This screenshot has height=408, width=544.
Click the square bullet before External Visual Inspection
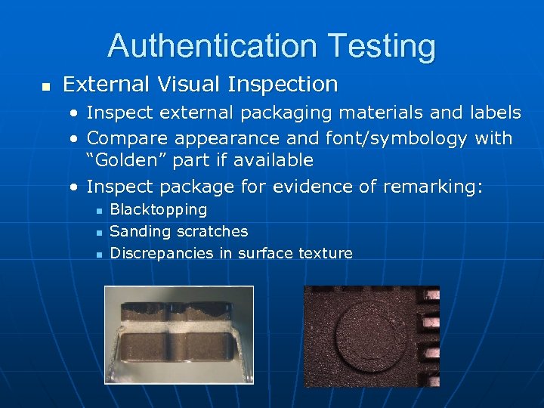pos(45,86)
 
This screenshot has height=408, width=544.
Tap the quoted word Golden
pos(127,160)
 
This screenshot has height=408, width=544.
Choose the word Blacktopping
pos(159,209)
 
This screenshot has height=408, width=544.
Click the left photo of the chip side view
pos(178,335)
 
